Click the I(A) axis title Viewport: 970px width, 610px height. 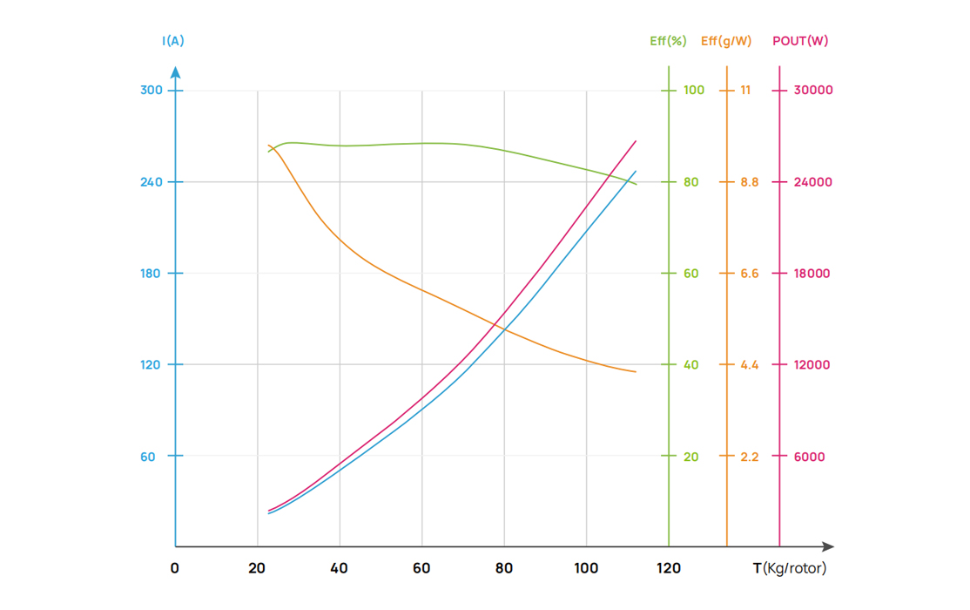[173, 41]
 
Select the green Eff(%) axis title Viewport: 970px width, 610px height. [668, 41]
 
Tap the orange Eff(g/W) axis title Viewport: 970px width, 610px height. [726, 41]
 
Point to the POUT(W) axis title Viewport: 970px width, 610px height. [800, 41]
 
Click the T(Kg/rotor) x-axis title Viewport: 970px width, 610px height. [790, 568]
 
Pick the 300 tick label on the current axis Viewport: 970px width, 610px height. [152, 91]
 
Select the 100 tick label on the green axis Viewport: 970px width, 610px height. [694, 91]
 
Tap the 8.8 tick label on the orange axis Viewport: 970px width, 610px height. [749, 182]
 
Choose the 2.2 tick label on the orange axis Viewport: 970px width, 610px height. [749, 457]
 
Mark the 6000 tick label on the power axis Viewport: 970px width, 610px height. [810, 457]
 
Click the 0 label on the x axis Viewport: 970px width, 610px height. [175, 568]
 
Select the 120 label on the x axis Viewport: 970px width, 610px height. [669, 568]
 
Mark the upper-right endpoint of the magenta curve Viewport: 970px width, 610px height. [636, 141]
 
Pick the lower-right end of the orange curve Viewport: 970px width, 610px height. [636, 372]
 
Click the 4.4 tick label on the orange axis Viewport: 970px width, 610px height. [749, 365]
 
